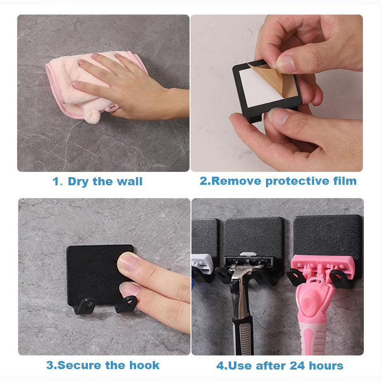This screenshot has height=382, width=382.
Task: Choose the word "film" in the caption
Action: (343, 181)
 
